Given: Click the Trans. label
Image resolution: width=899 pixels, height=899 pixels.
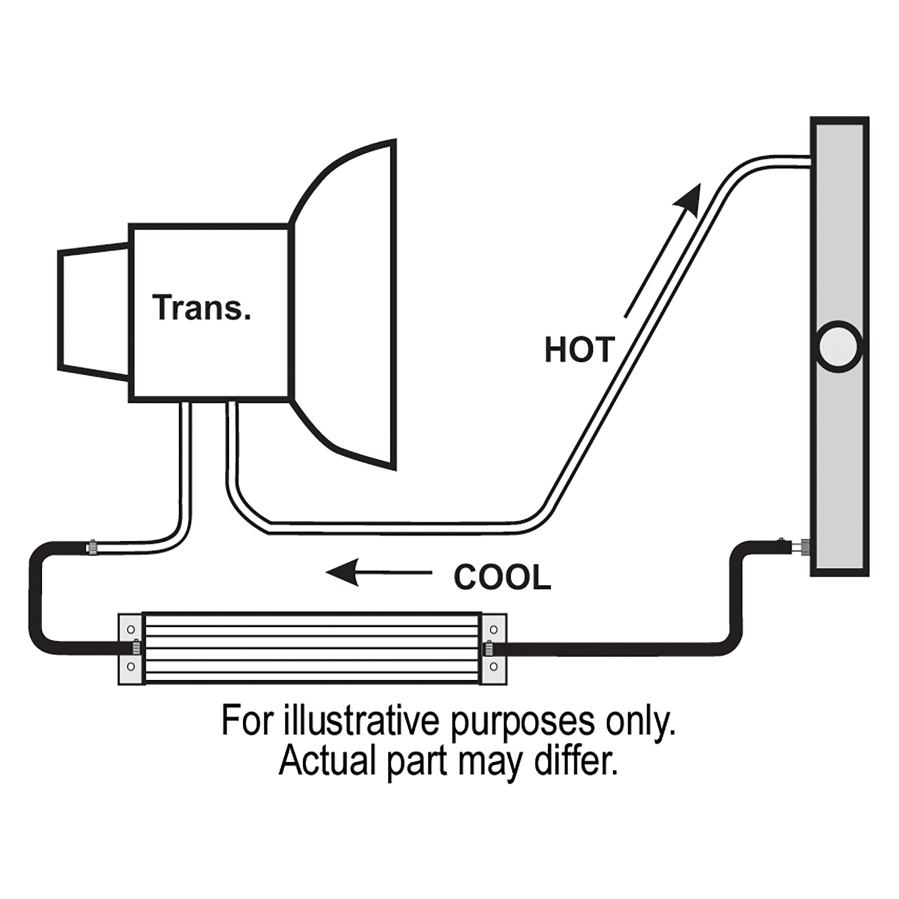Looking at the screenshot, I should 201,307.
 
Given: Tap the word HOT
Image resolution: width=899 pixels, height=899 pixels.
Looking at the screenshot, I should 579,350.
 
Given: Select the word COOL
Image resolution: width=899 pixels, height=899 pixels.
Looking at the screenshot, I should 502,578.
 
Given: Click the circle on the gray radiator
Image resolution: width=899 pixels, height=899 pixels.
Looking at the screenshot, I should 838,346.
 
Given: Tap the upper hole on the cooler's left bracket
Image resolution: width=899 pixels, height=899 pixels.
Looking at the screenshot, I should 131,630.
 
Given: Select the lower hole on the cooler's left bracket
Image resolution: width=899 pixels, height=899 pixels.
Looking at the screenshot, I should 131,666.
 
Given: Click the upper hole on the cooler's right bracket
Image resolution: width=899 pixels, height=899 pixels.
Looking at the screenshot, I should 494,630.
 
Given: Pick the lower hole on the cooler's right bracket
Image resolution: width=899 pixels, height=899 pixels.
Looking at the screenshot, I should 494,666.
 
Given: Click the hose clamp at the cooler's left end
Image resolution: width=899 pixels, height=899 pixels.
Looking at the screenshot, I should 136,648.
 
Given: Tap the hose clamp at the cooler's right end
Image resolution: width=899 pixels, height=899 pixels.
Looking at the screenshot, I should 488,648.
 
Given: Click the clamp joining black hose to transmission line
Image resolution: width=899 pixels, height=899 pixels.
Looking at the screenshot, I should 93,547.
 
